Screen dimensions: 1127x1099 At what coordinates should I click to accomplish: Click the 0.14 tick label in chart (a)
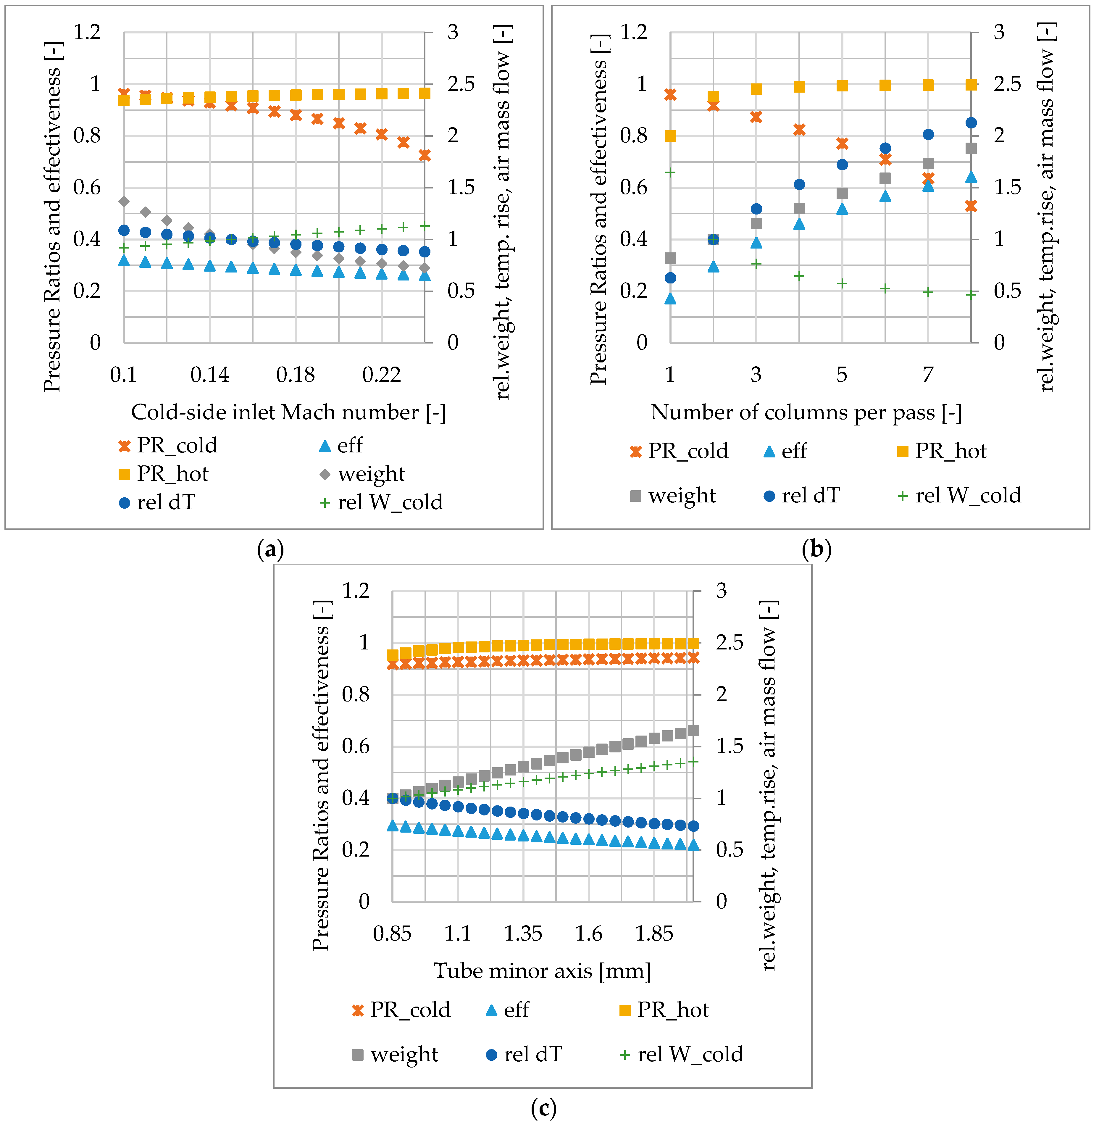pos(209,375)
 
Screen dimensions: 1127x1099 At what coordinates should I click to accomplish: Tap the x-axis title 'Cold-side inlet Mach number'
pos(288,412)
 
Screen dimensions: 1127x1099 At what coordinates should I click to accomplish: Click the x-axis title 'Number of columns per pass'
pos(806,412)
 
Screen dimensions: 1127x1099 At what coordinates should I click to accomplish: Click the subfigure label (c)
pos(543,1107)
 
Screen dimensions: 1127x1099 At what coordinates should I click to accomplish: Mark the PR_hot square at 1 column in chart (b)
pos(670,136)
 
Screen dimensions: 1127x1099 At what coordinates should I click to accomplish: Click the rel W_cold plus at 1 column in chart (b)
pos(670,172)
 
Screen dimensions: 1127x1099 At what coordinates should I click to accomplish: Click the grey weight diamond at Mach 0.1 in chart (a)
pos(124,201)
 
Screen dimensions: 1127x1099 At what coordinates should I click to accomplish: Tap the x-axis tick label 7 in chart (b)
pos(928,375)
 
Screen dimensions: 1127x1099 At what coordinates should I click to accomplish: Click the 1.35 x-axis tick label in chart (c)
pos(523,933)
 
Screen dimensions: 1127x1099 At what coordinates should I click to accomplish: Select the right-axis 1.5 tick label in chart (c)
pos(729,746)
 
